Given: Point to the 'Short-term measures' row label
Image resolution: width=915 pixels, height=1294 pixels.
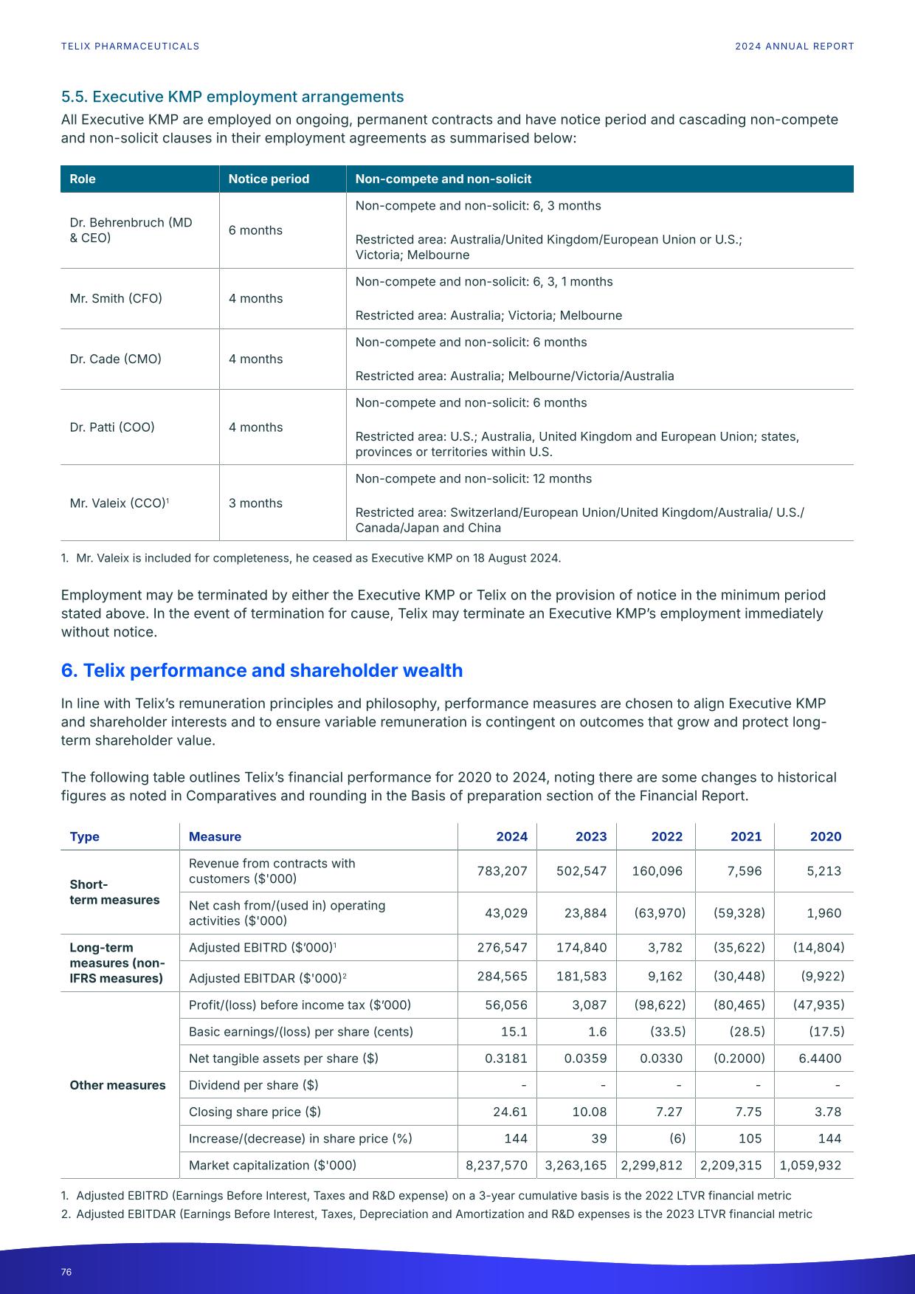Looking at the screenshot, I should coord(114,892).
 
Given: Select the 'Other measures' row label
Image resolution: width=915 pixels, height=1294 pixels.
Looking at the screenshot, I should coord(117,1085).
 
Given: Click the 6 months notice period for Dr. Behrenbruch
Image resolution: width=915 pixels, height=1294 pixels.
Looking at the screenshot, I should coord(255,230).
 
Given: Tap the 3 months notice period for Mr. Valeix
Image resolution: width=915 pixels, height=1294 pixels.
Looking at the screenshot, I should coord(255,503).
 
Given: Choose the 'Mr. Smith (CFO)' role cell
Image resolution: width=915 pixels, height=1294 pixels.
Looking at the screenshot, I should coord(116,298).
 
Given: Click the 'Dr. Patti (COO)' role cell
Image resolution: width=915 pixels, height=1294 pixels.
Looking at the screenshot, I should coord(112,427).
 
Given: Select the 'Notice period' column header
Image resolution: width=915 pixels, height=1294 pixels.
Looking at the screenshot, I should coord(269,179).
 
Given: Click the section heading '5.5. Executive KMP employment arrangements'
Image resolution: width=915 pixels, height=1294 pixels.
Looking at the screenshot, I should coord(232,97).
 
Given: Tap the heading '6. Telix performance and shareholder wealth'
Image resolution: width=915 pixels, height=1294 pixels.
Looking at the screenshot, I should coord(262,670).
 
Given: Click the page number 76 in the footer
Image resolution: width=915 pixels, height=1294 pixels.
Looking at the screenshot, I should coord(66,1272).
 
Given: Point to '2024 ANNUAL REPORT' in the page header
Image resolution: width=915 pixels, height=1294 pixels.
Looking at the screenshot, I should coord(794,46).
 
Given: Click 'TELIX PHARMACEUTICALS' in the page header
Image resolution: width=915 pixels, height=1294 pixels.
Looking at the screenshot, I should coord(130,46).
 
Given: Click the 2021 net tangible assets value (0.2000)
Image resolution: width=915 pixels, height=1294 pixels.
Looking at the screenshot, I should coord(739,1058).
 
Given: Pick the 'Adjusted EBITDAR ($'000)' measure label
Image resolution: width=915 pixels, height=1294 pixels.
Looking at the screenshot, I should coord(267,978).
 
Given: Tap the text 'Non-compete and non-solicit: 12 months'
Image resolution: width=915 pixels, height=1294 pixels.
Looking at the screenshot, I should coord(474,478).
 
